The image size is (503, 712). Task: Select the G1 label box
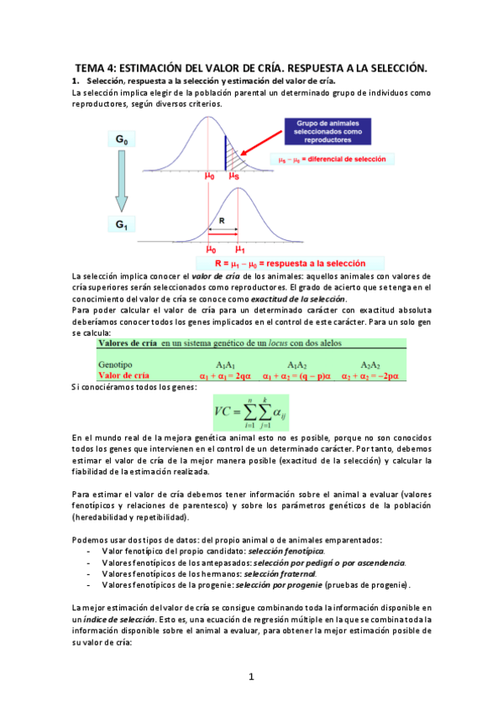pyautogui.click(x=121, y=226)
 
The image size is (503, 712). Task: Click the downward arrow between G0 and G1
pyautogui.click(x=121, y=186)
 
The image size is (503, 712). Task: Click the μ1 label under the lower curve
pyautogui.click(x=239, y=249)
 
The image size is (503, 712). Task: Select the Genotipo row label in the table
pyautogui.click(x=117, y=365)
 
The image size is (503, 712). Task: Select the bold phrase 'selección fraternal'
pyautogui.click(x=269, y=573)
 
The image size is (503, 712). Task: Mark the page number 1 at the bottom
pyautogui.click(x=251, y=677)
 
